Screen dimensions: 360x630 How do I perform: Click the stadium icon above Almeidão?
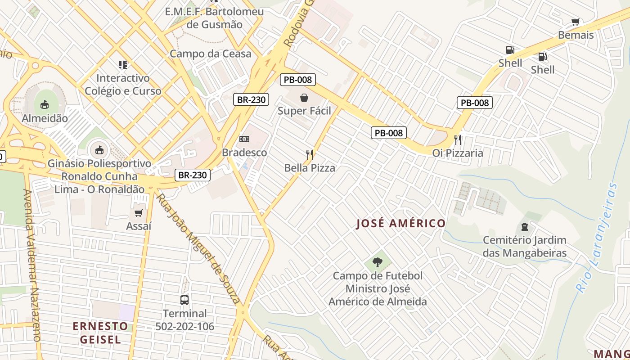point(44,105)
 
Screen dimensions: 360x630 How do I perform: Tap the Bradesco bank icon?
point(244,139)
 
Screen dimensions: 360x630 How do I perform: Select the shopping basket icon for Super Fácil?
point(304,97)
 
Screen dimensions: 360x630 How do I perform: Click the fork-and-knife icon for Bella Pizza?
point(310,155)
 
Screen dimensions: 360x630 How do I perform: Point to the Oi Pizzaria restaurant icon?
point(458,139)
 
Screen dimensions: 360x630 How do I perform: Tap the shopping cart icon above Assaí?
point(139,213)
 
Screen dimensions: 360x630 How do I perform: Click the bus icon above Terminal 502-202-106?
point(184,300)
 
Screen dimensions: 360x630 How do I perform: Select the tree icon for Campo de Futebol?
point(378,262)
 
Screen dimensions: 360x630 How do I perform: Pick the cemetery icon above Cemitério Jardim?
point(524,226)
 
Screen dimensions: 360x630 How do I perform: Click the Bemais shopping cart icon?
point(576,22)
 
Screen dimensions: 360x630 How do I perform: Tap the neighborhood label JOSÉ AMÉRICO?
point(400,223)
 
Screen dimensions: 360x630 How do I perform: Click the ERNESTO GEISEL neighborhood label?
point(100,333)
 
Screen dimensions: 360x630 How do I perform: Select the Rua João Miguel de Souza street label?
point(198,247)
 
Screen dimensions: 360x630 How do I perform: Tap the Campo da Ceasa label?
point(210,54)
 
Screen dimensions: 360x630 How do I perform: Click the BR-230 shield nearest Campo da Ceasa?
point(251,99)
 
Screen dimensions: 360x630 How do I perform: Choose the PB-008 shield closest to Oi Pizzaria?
point(475,103)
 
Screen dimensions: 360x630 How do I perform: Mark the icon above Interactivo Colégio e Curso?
point(123,65)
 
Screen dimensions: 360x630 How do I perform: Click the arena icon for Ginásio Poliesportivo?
point(99,149)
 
